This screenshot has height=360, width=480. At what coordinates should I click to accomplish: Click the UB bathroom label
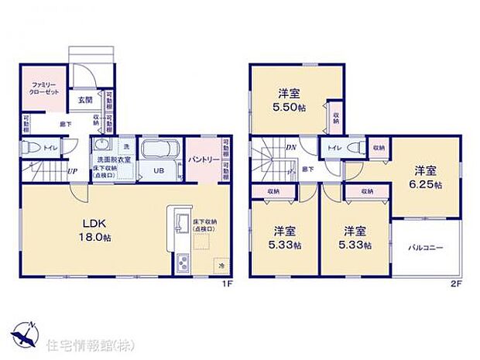157,171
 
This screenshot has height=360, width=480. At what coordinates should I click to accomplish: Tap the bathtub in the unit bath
162,149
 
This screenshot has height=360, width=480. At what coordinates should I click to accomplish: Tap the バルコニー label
426,249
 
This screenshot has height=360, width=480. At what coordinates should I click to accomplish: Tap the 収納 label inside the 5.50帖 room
336,117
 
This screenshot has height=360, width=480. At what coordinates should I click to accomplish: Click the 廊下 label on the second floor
307,168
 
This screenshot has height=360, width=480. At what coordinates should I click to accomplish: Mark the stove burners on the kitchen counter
183,263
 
